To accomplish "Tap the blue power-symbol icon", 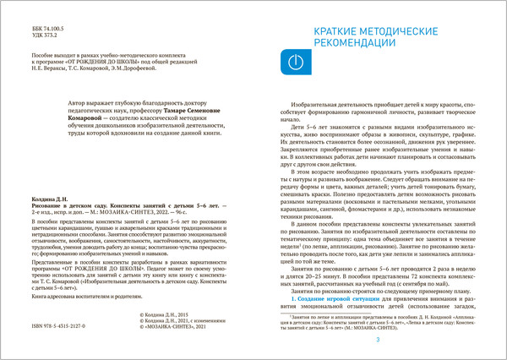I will click(x=294, y=63).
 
